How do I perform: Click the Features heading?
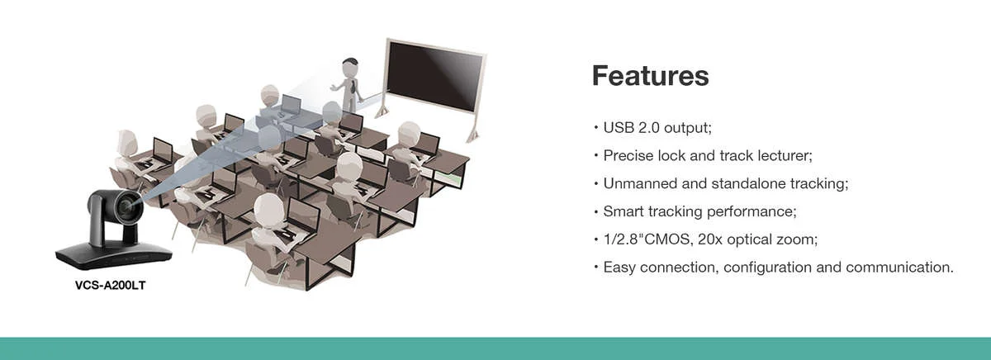[651, 76]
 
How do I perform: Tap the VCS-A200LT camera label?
[110, 286]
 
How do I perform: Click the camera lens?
[127, 206]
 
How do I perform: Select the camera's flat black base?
[114, 256]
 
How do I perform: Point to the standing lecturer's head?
[350, 68]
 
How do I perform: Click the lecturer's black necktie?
[353, 85]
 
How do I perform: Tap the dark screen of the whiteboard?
[436, 77]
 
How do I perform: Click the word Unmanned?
[640, 183]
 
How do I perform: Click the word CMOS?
[667, 239]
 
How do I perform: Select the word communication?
[899, 268]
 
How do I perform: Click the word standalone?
[748, 183]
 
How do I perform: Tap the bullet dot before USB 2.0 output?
[596, 128]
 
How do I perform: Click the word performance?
[752, 212]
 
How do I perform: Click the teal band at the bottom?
[495, 348]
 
